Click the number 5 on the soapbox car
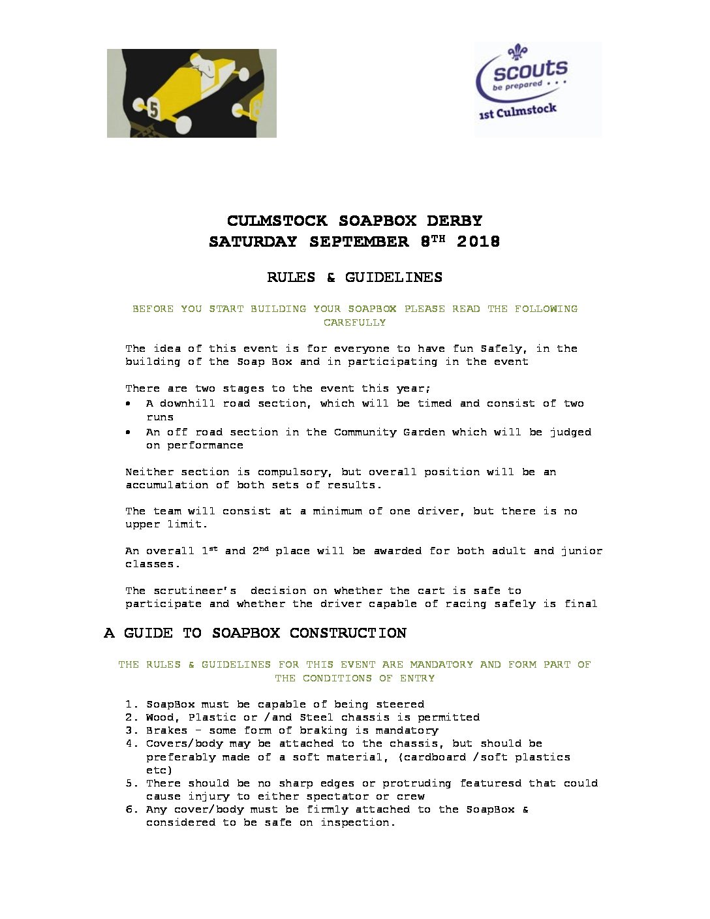coord(153,108)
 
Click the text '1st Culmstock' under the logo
coord(517,112)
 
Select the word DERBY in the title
coord(454,221)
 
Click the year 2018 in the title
coord(478,241)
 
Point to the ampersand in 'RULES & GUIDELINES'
coord(331,277)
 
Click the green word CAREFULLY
coord(354,322)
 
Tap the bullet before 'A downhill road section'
coord(129,404)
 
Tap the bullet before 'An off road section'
coord(129,432)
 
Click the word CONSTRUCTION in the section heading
coord(348,633)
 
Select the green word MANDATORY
coord(441,664)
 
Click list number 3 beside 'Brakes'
coord(129,730)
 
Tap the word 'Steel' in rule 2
coord(316,717)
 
